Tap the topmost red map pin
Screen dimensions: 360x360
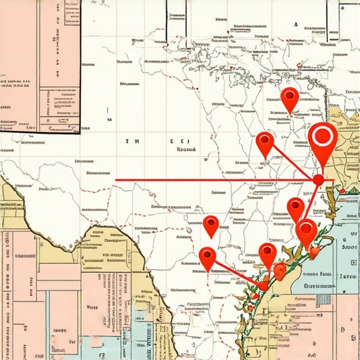289,98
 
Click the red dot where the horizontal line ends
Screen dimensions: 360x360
319,180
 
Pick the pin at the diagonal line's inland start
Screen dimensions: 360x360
207,257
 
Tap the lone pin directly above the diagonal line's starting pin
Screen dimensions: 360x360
211,225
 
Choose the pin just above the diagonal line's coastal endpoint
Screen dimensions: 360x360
267,253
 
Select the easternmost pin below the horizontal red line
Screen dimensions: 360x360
307,231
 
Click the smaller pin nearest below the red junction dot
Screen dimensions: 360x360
296,208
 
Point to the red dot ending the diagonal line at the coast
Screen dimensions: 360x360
262,285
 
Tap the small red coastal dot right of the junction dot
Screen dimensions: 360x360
342,191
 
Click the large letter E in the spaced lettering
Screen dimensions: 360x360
172,141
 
